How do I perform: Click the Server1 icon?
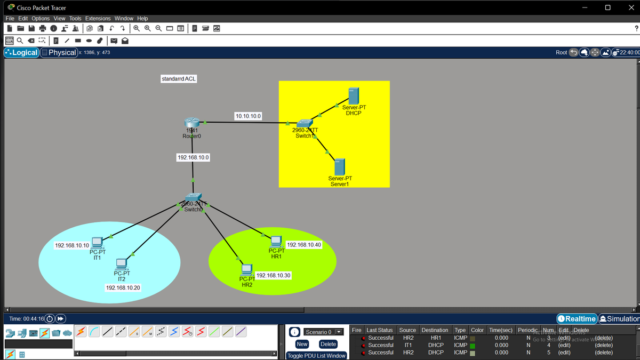pos(339,167)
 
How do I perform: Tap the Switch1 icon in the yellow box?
pos(305,124)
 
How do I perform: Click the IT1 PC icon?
pos(97,243)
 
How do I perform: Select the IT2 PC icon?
pos(122,264)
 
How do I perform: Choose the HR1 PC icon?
pos(276,242)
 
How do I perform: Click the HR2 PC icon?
pos(246,270)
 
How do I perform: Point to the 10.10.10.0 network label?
pos(248,116)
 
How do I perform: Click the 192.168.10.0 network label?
pos(193,157)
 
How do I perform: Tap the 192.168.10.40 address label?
pos(303,245)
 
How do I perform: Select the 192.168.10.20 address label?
pos(123,287)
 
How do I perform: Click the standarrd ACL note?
pos(179,79)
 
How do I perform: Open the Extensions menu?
pos(98,19)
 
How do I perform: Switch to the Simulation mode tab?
pos(620,319)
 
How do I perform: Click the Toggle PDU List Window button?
pos(316,356)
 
